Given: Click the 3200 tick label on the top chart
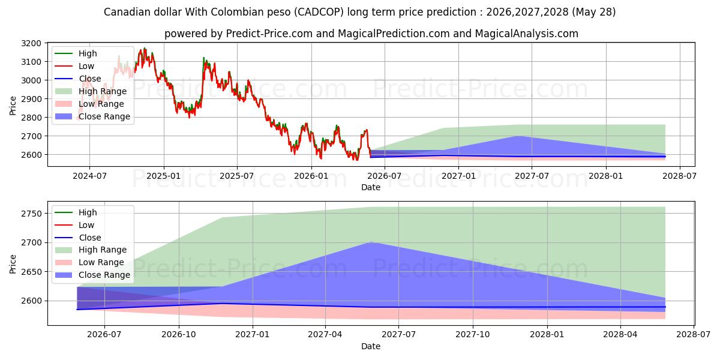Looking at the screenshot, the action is click(x=31, y=43).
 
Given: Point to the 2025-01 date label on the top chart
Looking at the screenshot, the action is click(x=164, y=176).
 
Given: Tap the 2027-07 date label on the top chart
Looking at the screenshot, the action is click(x=532, y=176).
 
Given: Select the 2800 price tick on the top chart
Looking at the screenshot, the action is click(x=31, y=118).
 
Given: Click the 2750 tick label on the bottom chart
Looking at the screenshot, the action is click(x=31, y=214).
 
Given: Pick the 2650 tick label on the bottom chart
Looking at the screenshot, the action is click(x=31, y=272).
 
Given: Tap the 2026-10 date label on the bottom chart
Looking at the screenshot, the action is click(x=179, y=335).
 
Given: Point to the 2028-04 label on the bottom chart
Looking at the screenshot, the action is click(x=620, y=335).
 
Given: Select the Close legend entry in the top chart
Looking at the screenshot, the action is click(x=78, y=79).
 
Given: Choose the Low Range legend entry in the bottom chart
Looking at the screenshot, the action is click(x=89, y=262).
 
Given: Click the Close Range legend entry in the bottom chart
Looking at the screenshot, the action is click(x=92, y=275).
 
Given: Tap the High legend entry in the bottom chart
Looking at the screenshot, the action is click(x=76, y=212).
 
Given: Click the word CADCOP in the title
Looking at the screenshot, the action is click(x=320, y=12).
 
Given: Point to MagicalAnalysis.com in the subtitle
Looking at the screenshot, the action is click(x=527, y=34).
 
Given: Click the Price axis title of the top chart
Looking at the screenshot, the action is click(x=13, y=106).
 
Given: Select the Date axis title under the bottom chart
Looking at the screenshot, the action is click(x=371, y=346).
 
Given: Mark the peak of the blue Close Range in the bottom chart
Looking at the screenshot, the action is click(x=371, y=242).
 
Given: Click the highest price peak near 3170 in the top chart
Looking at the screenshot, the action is click(x=145, y=48).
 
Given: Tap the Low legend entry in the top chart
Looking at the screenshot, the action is click(x=74, y=66).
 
